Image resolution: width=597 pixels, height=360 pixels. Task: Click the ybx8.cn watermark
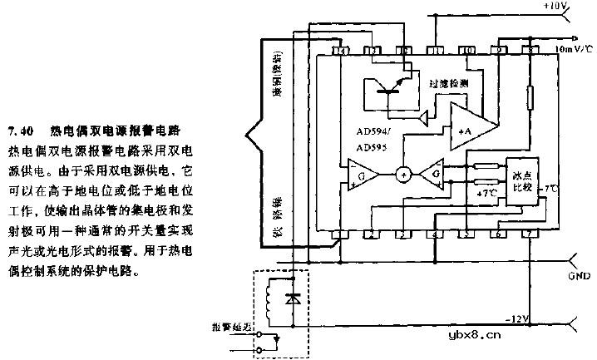click(x=475, y=336)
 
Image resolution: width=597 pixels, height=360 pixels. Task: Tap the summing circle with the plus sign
click(x=403, y=175)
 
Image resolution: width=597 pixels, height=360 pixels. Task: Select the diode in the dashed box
click(x=290, y=297)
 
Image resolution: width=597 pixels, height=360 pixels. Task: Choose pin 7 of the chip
click(x=532, y=236)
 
